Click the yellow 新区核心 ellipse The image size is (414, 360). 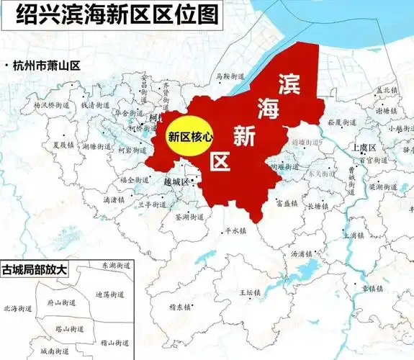coord(189,135)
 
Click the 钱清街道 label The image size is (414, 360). coord(96,104)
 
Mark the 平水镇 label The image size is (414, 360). coord(235,232)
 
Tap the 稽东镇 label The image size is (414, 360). coord(180,307)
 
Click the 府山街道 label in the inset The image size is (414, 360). coord(58,303)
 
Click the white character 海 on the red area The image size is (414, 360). coord(267,107)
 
